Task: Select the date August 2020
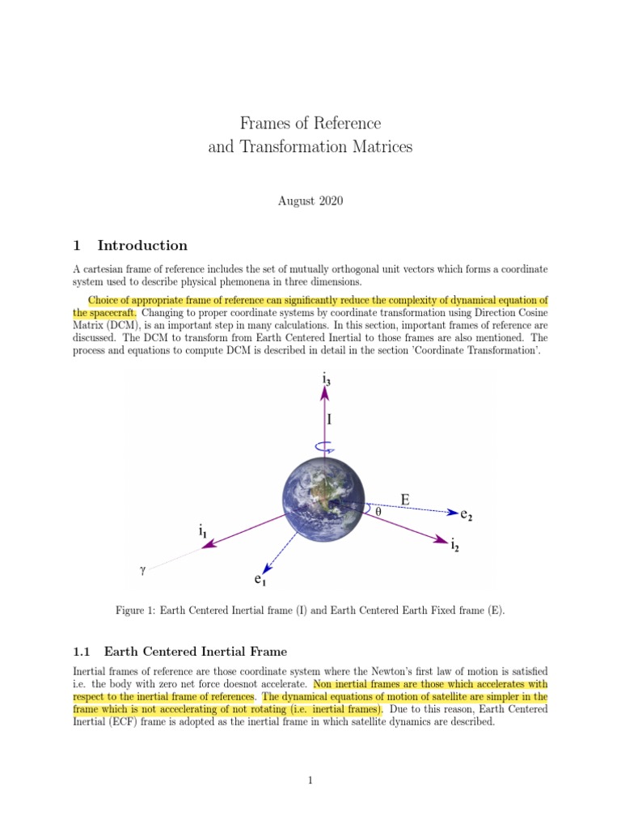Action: [310, 201]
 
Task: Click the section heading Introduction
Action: [142, 246]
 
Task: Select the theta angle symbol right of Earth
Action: [378, 511]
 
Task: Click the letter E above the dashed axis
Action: [404, 501]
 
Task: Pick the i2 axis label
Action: [456, 546]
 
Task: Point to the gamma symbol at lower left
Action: [143, 570]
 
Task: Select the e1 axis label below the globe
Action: [260, 579]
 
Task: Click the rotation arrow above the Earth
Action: [325, 446]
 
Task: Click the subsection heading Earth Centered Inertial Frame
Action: [195, 651]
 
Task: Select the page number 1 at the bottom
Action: [310, 780]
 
